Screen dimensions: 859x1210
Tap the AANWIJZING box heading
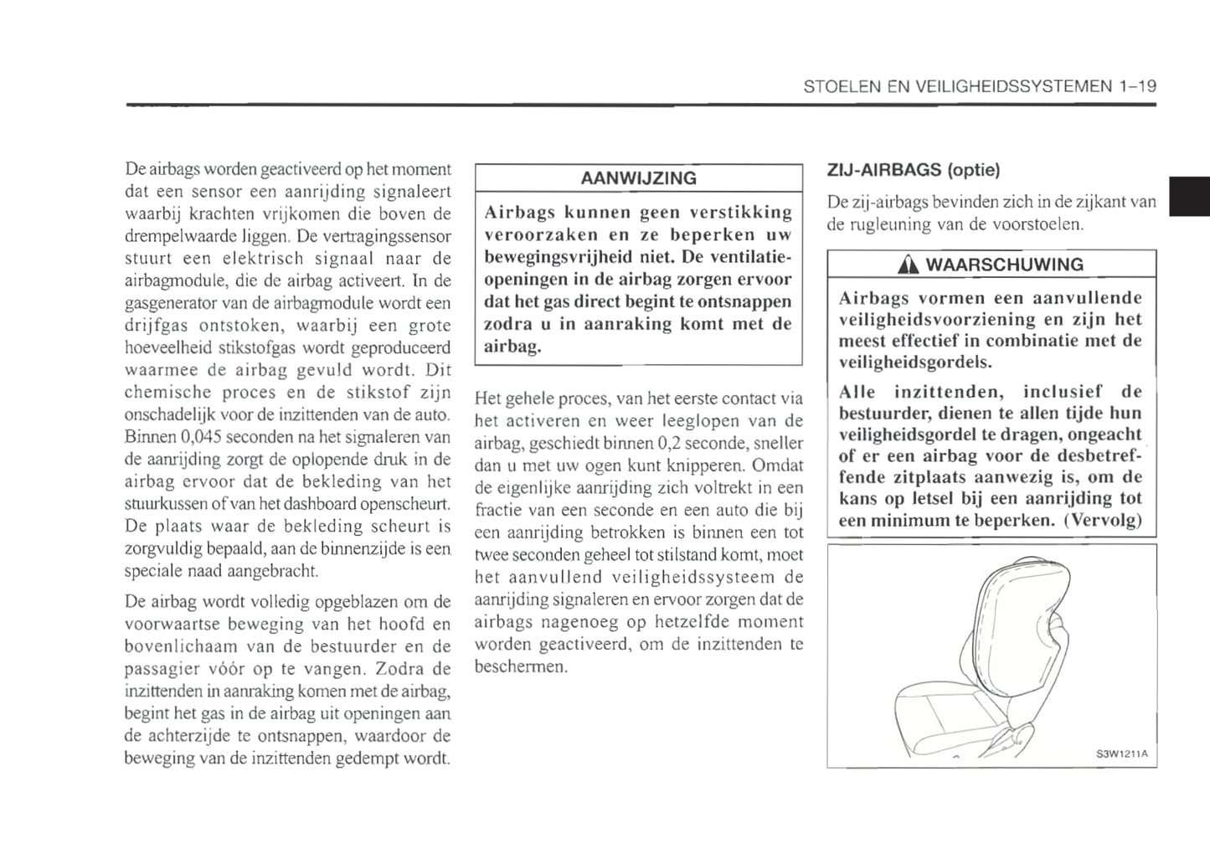click(x=638, y=178)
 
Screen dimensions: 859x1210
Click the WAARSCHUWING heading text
click(x=1004, y=265)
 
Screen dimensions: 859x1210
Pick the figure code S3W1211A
click(x=1121, y=754)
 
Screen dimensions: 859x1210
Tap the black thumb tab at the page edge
click(x=1189, y=198)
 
